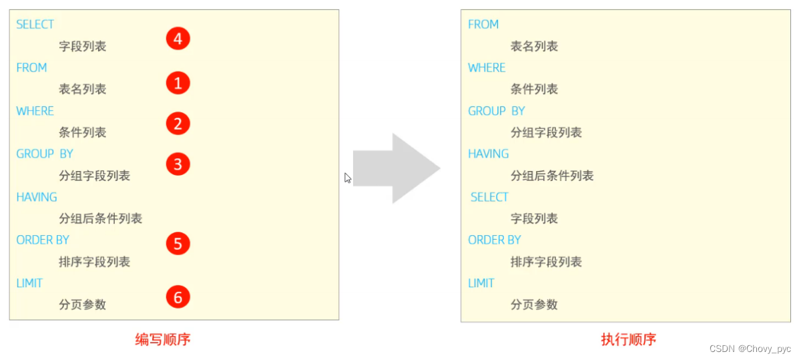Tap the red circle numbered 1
178,83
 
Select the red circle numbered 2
178,124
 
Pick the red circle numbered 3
178,164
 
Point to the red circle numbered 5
178,244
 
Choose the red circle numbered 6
178,297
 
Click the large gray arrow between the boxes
396,168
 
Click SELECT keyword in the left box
35,25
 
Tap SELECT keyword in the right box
489,197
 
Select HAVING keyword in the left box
37,197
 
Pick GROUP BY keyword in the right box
496,111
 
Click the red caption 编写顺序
163,339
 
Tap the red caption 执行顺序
628,339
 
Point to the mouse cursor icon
348,178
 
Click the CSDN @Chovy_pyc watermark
750,349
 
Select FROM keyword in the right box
483,25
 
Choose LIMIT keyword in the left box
29,283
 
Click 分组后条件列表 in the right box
551,176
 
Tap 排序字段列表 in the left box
94,262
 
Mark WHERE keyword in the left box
35,111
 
